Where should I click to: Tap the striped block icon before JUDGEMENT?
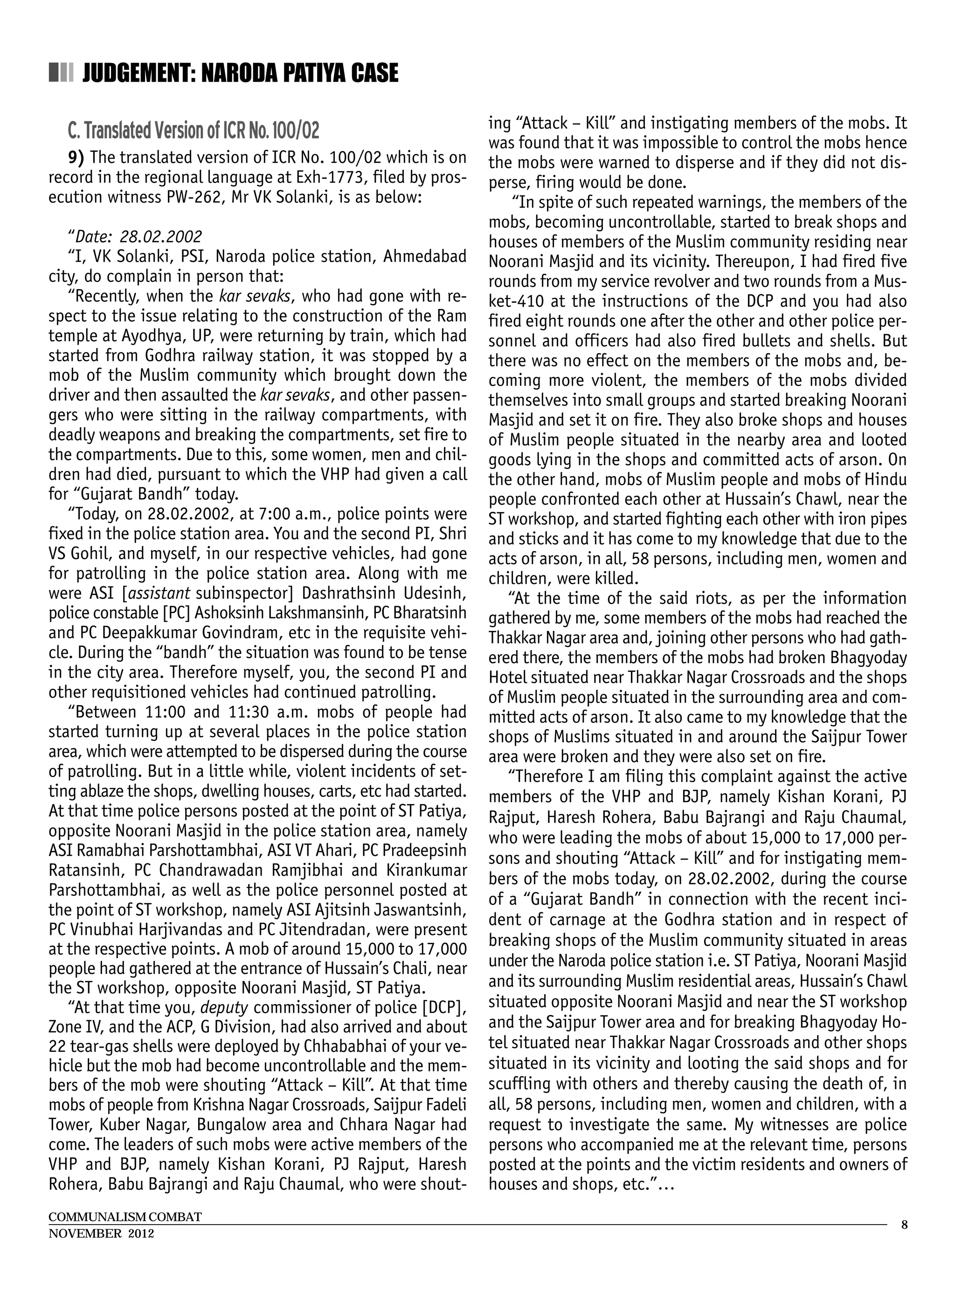(x=61, y=73)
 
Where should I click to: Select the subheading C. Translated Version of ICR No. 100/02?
(x=193, y=131)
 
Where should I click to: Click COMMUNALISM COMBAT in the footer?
(x=125, y=1217)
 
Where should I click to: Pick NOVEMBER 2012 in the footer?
(x=101, y=1233)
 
